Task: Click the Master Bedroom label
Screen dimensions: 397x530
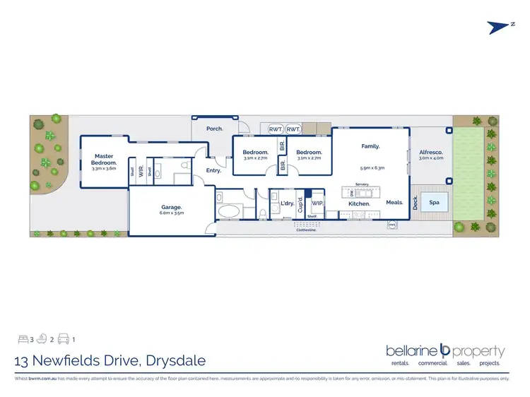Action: (x=104, y=160)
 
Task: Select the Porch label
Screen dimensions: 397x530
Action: (x=214, y=129)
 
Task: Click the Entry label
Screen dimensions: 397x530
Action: (x=213, y=170)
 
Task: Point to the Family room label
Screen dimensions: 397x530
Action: (x=370, y=146)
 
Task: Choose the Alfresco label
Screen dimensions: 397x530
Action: (x=430, y=152)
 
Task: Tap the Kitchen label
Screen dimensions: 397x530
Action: (x=360, y=203)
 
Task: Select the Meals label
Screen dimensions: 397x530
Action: (x=394, y=203)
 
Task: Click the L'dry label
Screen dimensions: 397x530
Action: (x=287, y=203)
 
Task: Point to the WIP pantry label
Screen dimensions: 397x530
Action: (x=317, y=203)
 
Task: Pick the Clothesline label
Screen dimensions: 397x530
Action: (x=305, y=230)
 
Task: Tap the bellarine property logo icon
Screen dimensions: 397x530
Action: (x=445, y=349)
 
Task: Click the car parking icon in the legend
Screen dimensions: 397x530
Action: (x=63, y=340)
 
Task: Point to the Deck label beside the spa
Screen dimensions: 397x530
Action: (x=416, y=203)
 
